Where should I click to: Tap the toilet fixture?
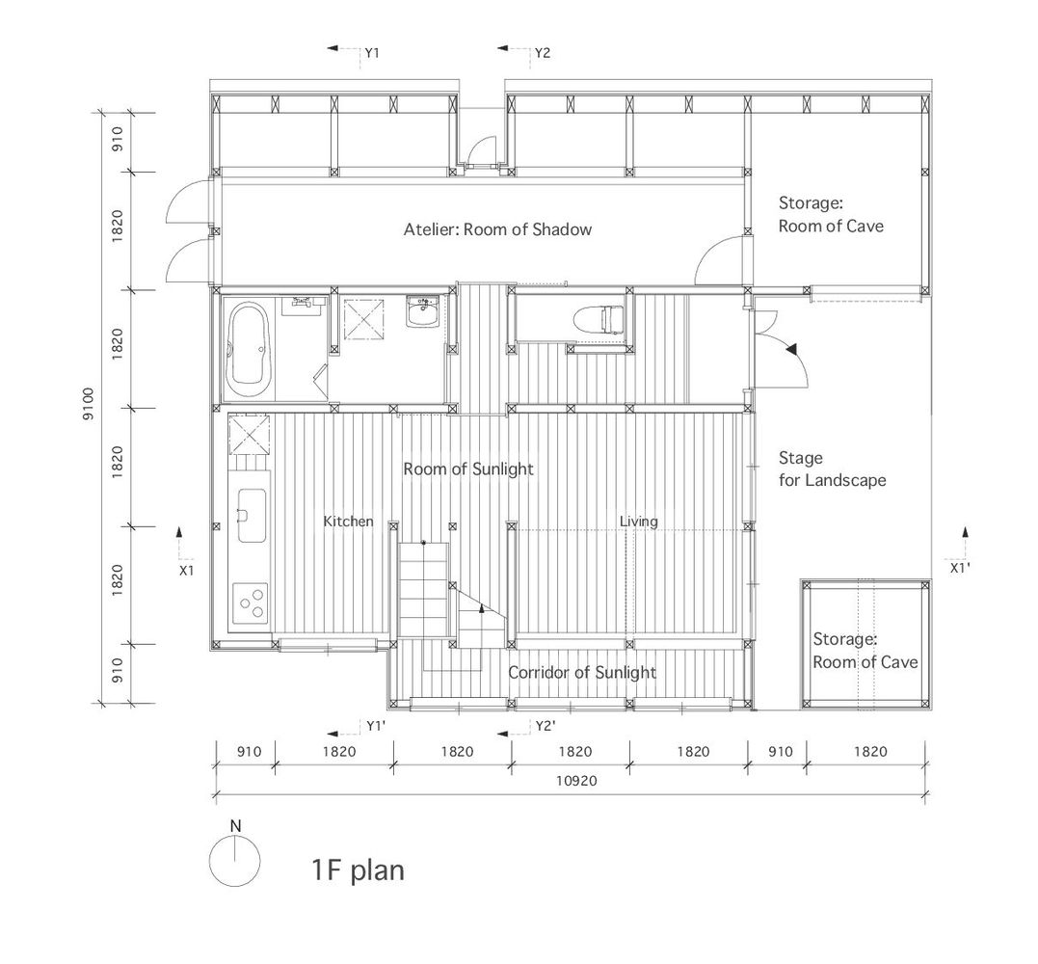pyautogui.click(x=599, y=319)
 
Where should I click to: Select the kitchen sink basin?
pyautogui.click(x=251, y=515)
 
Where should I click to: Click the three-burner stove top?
pyautogui.click(x=251, y=602)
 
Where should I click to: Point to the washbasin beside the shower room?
pyautogui.click(x=422, y=311)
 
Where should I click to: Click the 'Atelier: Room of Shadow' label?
pyautogui.click(x=498, y=229)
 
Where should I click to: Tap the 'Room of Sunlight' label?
pyautogui.click(x=468, y=469)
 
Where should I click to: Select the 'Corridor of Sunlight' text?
pyautogui.click(x=582, y=673)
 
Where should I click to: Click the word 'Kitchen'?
pyautogui.click(x=348, y=522)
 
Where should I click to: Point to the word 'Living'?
pyautogui.click(x=639, y=522)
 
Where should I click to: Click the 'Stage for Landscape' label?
pyautogui.click(x=832, y=469)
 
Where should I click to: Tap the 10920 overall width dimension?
pyautogui.click(x=576, y=781)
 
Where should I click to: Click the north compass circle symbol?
pyautogui.click(x=234, y=862)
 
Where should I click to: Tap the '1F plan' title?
pyautogui.click(x=358, y=870)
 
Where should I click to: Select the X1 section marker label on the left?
pyautogui.click(x=187, y=570)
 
